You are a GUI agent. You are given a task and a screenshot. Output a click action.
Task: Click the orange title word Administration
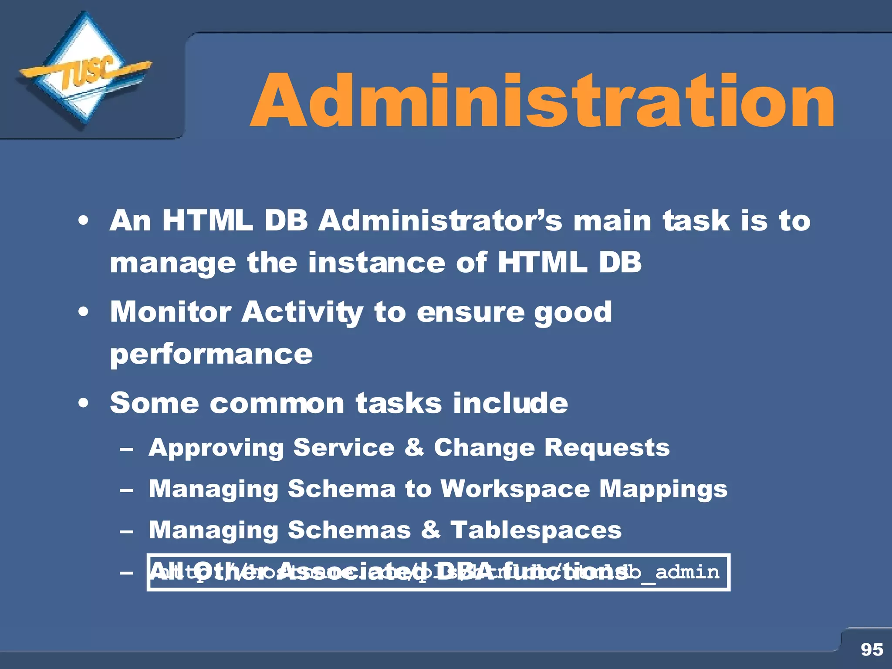pyautogui.click(x=542, y=101)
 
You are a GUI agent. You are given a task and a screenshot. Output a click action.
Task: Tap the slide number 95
pyautogui.click(x=872, y=649)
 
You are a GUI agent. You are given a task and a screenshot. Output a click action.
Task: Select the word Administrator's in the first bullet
pyautogui.click(x=440, y=220)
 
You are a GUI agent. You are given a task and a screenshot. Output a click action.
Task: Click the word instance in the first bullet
pyautogui.click(x=376, y=263)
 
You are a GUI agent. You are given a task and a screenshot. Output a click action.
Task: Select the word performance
pyautogui.click(x=211, y=354)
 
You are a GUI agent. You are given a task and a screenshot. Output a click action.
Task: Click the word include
pyautogui.click(x=510, y=402)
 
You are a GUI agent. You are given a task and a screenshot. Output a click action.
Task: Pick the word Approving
pyautogui.click(x=216, y=448)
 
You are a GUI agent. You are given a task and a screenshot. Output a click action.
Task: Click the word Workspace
pyautogui.click(x=515, y=489)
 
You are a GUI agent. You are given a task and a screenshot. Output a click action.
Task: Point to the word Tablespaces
pyautogui.click(x=536, y=530)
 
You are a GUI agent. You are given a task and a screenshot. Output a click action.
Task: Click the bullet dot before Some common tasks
pyautogui.click(x=84, y=403)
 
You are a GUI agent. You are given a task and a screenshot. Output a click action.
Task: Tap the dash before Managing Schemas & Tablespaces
pyautogui.click(x=126, y=531)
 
